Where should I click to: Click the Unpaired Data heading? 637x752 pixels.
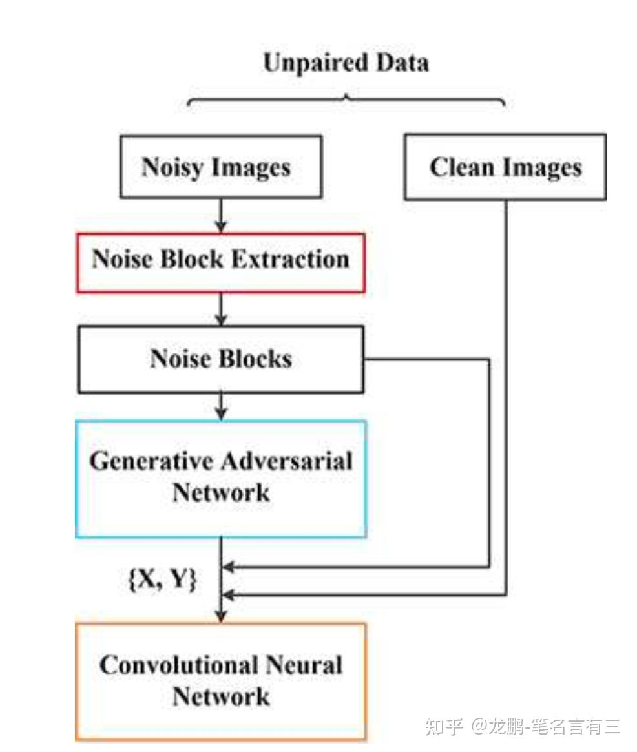tap(346, 63)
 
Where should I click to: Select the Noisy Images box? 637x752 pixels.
tap(221, 167)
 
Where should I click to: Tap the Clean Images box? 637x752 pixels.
tap(506, 167)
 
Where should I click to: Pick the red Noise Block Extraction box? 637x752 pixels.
tap(221, 263)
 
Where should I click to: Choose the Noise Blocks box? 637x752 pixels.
tap(221, 359)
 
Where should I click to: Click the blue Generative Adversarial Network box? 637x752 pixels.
tap(221, 479)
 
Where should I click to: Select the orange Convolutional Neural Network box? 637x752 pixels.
tap(221, 682)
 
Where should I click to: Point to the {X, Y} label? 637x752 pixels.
tap(163, 579)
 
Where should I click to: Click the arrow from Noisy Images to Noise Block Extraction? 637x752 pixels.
tap(221, 215)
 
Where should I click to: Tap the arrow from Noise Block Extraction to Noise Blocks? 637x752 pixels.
tap(221, 309)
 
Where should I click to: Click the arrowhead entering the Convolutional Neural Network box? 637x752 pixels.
tap(221, 616)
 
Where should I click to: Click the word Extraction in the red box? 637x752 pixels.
tap(290, 259)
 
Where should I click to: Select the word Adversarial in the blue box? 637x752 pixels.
tap(287, 461)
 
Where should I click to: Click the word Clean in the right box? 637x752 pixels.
tap(461, 167)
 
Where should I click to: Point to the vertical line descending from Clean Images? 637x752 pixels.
tap(506, 397)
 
